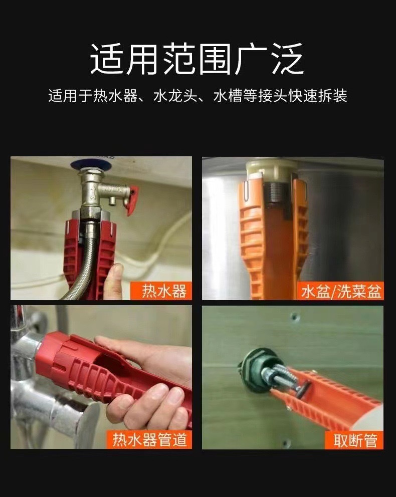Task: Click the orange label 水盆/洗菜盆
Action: click(x=342, y=291)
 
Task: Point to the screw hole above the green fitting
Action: click(x=294, y=317)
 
